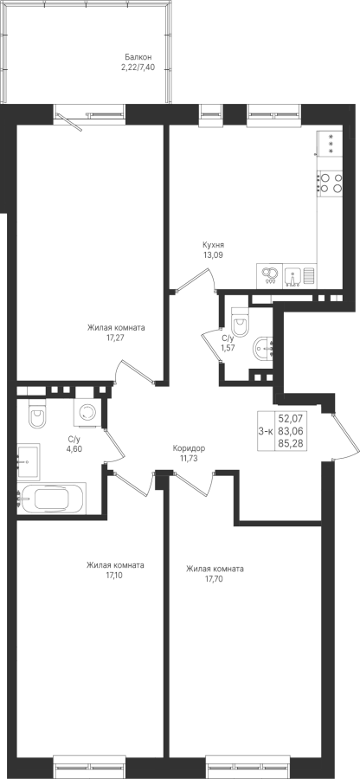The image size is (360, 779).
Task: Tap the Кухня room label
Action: pyautogui.click(x=213, y=245)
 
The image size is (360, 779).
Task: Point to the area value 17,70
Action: pyautogui.click(x=215, y=578)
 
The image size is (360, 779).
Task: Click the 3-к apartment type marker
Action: pyautogui.click(x=265, y=431)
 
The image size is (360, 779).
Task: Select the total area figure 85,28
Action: pyautogui.click(x=291, y=443)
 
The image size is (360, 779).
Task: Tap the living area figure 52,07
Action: pyautogui.click(x=291, y=419)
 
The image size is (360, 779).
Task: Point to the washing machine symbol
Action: pyautogui.click(x=89, y=412)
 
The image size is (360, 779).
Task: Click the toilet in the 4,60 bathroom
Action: pyautogui.click(x=36, y=414)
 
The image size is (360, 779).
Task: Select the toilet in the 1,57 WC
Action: pyautogui.click(x=241, y=323)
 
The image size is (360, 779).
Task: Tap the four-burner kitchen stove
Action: pyautogui.click(x=331, y=183)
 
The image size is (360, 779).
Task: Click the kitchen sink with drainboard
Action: pyautogui.click(x=300, y=276)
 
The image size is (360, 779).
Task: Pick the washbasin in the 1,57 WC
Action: pyautogui.click(x=263, y=350)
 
